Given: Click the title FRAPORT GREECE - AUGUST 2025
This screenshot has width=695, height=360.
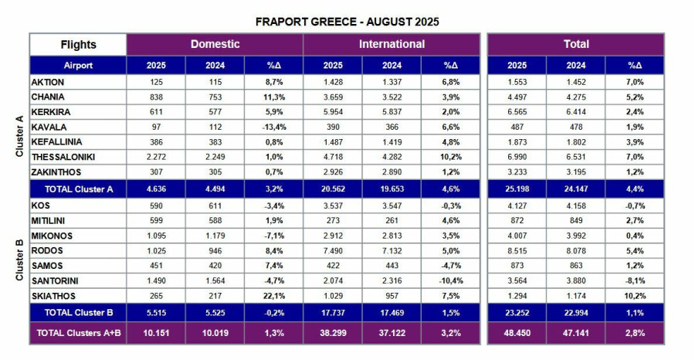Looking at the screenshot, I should [x=347, y=22].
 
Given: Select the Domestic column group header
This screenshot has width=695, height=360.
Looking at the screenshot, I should [x=215, y=44].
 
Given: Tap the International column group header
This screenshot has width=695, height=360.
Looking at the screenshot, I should [x=392, y=44].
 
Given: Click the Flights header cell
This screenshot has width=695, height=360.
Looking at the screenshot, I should [x=78, y=45].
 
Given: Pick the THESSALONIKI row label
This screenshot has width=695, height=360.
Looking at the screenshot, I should [x=63, y=157].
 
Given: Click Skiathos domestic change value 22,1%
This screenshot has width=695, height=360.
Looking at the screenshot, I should [x=273, y=295].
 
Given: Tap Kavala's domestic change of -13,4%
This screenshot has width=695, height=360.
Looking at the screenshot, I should [x=273, y=127].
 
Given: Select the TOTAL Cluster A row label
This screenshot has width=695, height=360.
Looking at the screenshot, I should [x=78, y=188].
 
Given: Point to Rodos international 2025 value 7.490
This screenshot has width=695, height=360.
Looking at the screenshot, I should [x=332, y=250].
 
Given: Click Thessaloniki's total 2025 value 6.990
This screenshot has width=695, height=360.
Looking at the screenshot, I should [x=517, y=157].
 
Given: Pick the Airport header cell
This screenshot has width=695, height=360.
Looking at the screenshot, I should [x=78, y=66].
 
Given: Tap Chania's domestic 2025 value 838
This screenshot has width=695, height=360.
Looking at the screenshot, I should [x=156, y=97].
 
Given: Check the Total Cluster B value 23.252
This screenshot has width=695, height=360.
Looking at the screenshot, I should [x=517, y=313].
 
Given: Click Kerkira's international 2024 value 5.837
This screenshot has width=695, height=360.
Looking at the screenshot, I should [x=392, y=111].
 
